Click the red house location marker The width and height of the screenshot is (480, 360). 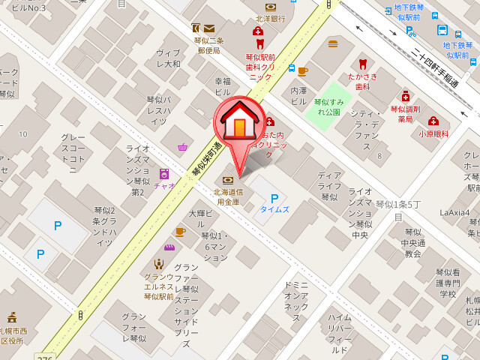coord(239,121)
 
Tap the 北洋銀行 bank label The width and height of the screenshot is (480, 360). coord(270,19)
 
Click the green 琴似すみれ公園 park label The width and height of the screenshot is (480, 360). coord(328,106)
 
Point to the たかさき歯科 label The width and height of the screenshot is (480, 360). coord(363,82)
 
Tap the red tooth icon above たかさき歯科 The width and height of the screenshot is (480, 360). coord(363,64)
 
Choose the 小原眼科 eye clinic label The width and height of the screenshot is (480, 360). coord(433,133)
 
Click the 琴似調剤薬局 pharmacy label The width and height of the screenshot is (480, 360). coord(406,113)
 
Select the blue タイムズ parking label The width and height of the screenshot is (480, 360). coord(274,209)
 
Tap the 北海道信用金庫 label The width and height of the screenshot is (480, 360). coord(227,196)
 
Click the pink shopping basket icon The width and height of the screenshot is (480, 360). coord(182,148)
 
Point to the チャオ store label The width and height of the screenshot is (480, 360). coord(163,186)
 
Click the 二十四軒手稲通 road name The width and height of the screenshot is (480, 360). coord(424,68)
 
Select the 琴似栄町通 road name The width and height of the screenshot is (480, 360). coord(206,158)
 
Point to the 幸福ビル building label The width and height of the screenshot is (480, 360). coord(222,86)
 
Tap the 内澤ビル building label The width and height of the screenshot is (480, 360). coord(298,95)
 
